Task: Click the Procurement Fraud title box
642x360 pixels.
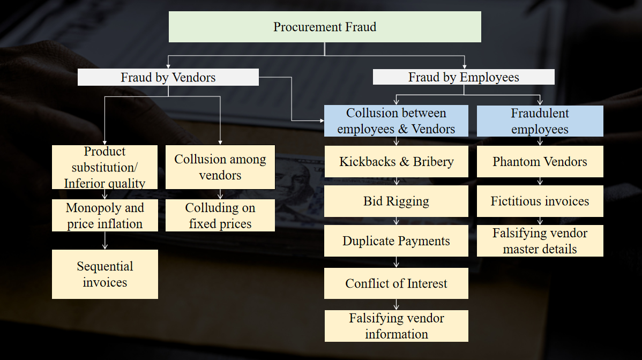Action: click(325, 27)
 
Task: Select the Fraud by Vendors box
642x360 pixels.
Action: click(168, 77)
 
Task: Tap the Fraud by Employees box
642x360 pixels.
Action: click(464, 77)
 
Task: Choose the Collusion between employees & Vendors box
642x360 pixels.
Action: click(396, 121)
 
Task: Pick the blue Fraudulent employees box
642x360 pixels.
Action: click(540, 121)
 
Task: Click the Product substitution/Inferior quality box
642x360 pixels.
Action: click(105, 167)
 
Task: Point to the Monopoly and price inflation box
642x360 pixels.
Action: click(105, 215)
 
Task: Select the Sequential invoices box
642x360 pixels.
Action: click(105, 274)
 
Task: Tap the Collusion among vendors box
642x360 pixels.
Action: click(220, 167)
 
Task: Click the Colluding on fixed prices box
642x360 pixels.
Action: click(220, 215)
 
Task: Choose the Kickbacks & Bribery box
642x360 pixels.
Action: click(396, 162)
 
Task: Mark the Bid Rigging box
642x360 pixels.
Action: click(396, 201)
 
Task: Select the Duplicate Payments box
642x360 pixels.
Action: click(396, 241)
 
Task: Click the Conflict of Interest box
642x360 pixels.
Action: click(396, 283)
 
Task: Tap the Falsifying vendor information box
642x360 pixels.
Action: click(396, 326)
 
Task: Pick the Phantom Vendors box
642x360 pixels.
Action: click(540, 162)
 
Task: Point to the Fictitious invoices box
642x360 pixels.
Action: click(540, 201)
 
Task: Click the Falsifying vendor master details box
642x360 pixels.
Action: click(540, 241)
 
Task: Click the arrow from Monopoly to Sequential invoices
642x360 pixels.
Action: click(105, 241)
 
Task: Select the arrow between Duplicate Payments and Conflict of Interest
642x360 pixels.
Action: click(396, 262)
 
